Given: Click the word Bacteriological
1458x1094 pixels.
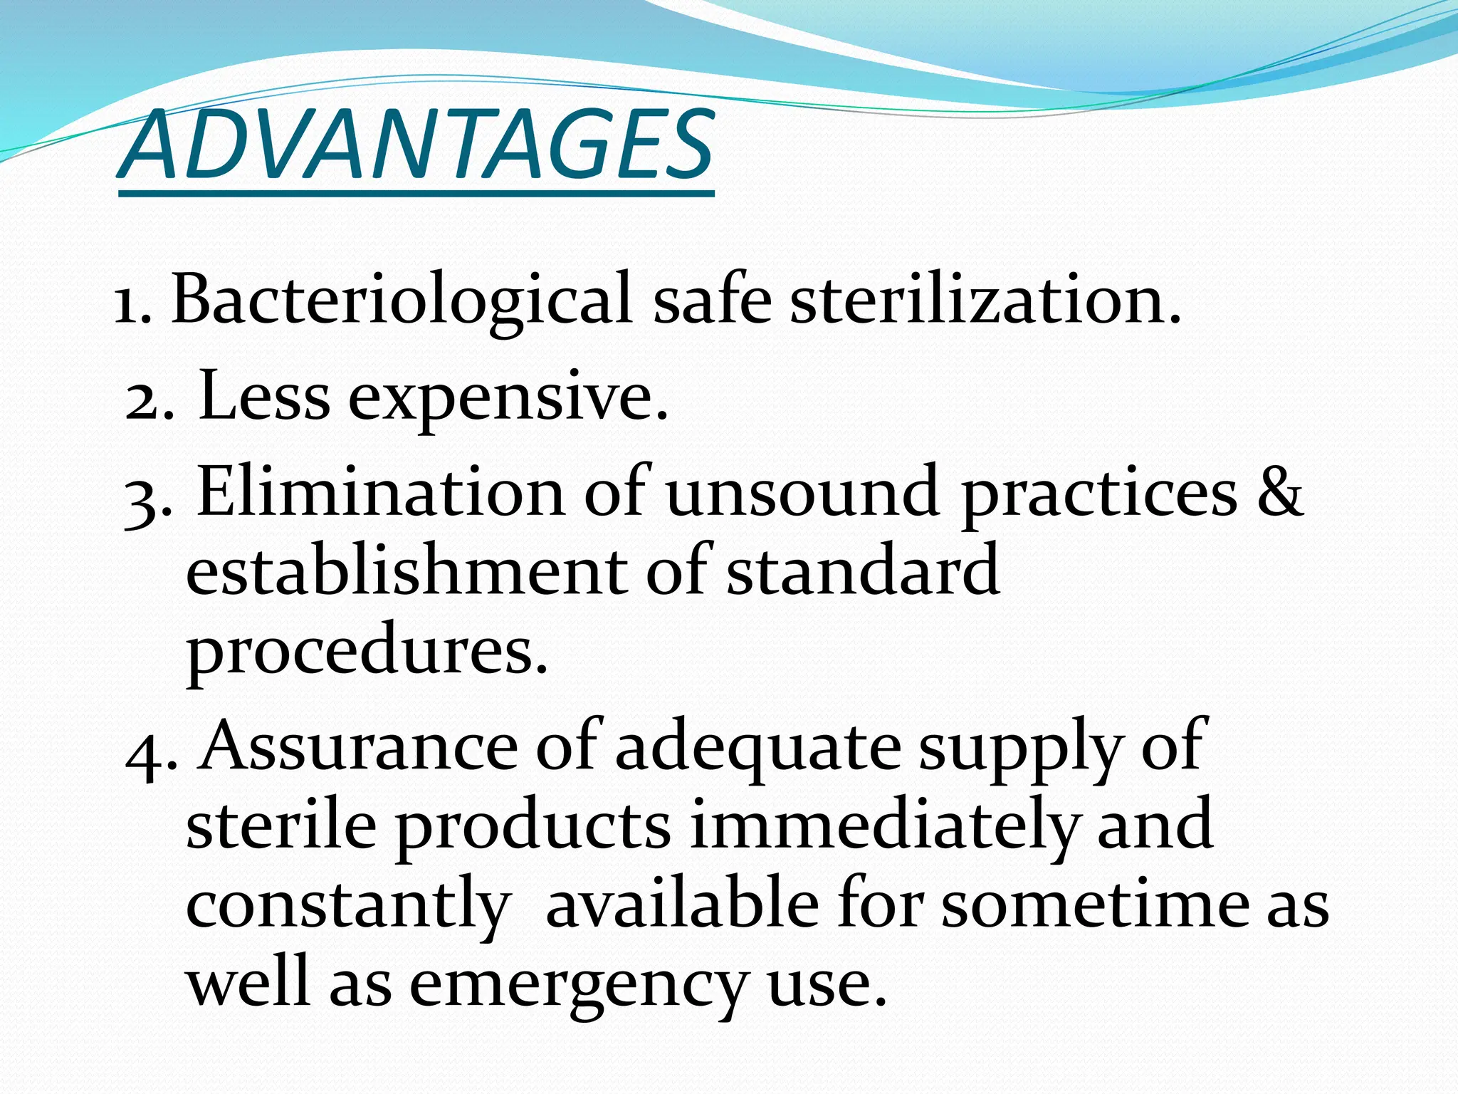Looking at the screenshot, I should [x=401, y=300].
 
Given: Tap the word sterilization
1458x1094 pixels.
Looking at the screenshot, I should [x=985, y=300].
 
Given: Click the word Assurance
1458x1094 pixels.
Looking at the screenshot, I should [x=358, y=746].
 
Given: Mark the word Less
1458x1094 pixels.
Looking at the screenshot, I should [x=264, y=396].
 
